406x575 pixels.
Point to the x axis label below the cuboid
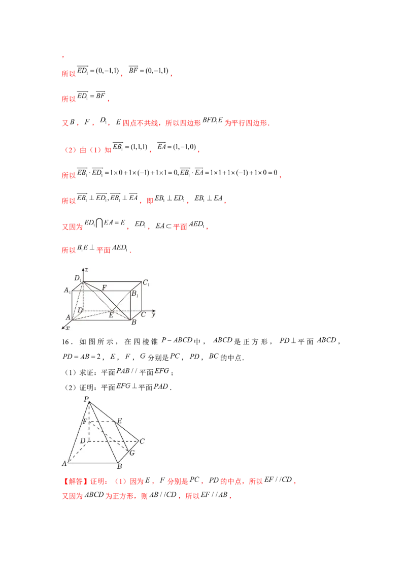(x=67, y=329)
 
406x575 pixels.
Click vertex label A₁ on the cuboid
(x=66, y=290)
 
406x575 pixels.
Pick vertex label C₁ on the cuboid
(x=146, y=283)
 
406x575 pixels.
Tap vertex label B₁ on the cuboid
(x=134, y=294)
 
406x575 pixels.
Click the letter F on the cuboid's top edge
(x=104, y=287)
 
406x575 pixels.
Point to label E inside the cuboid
(x=111, y=315)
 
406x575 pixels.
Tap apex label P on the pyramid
(x=87, y=399)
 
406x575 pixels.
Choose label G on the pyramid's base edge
(x=132, y=452)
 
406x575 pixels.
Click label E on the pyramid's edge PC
(x=119, y=421)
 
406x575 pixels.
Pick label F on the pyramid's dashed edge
(x=85, y=422)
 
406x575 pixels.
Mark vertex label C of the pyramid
(x=142, y=441)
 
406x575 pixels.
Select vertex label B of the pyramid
(x=119, y=466)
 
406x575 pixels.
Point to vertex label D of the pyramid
(x=82, y=440)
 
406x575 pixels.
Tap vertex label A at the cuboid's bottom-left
(x=67, y=317)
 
